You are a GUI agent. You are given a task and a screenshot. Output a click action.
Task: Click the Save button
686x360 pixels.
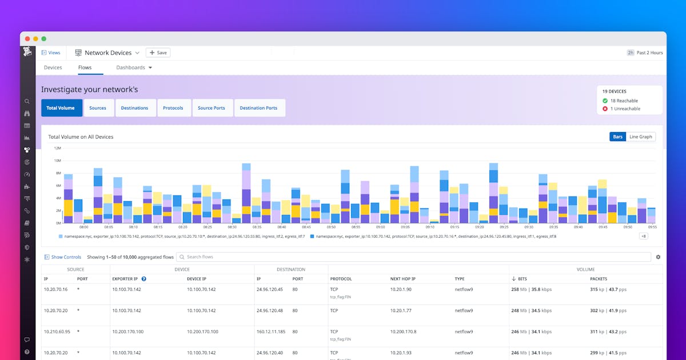pyautogui.click(x=158, y=53)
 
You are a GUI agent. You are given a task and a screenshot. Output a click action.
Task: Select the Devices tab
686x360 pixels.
pyautogui.click(x=53, y=67)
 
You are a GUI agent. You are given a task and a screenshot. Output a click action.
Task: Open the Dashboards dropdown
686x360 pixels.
pyautogui.click(x=134, y=67)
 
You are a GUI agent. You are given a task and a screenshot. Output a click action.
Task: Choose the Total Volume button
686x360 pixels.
pyautogui.click(x=61, y=108)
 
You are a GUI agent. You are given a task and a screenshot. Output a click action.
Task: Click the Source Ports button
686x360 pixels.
pyautogui.click(x=211, y=108)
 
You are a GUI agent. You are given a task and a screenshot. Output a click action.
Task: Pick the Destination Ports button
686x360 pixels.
pyautogui.click(x=258, y=108)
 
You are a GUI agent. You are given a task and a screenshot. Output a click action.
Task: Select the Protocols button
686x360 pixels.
pyautogui.click(x=173, y=108)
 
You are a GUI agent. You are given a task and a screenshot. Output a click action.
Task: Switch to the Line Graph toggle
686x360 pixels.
pyautogui.click(x=640, y=137)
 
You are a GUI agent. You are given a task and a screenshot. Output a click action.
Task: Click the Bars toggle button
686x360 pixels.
pyautogui.click(x=617, y=137)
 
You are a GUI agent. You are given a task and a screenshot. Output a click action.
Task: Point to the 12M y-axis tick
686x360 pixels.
pyautogui.click(x=57, y=148)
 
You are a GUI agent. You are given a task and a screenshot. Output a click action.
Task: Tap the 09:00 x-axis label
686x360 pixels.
pyautogui.click(x=380, y=227)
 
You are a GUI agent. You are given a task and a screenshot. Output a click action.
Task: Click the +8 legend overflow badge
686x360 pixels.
pyautogui.click(x=643, y=236)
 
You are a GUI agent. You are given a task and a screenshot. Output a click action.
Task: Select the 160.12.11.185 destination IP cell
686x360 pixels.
pyautogui.click(x=270, y=331)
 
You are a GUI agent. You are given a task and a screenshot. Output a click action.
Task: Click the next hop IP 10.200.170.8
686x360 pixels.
pyautogui.click(x=403, y=331)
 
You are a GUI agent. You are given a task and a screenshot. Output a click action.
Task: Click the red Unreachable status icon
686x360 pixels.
pyautogui.click(x=605, y=109)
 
